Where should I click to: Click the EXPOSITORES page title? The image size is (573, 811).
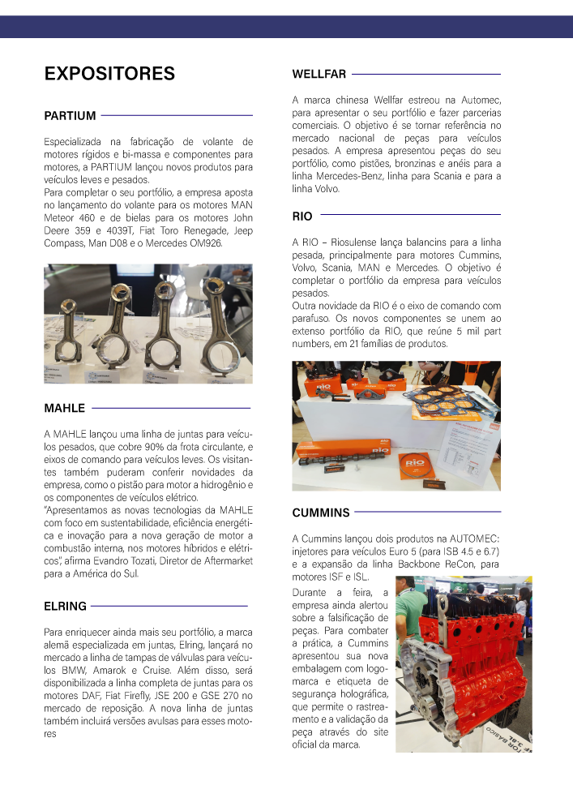click(109, 74)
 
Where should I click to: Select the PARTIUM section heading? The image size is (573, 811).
click(70, 116)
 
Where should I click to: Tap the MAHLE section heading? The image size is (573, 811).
click(64, 408)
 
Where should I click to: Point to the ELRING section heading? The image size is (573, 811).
click(65, 606)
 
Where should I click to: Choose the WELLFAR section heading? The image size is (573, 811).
click(319, 75)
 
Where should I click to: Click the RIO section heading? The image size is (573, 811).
click(301, 217)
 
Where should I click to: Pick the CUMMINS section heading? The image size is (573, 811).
click(321, 513)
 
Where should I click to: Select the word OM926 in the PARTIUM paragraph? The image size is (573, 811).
click(213, 242)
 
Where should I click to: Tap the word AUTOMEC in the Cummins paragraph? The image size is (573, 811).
click(474, 539)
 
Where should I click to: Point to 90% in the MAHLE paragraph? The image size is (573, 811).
click(149, 448)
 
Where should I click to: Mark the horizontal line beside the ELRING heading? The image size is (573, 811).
click(169, 606)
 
